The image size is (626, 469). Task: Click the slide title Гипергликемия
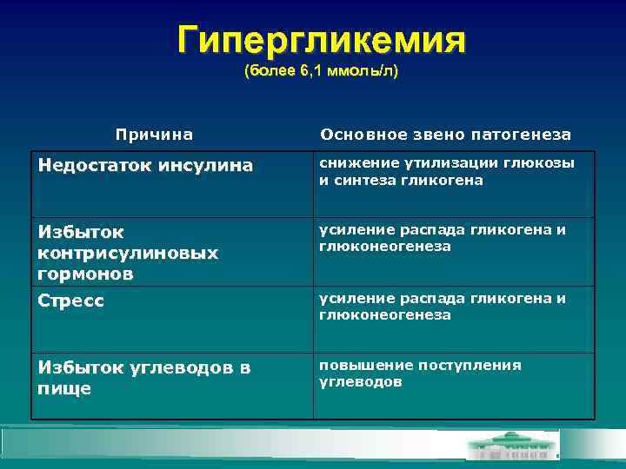point(321,39)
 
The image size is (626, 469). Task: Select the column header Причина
point(155,135)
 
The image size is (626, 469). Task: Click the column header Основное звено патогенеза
point(445,135)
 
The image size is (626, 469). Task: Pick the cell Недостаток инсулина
point(146,165)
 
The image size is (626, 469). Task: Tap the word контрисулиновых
point(128,253)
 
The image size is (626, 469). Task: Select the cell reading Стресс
point(71,301)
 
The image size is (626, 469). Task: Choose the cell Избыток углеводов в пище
point(143,378)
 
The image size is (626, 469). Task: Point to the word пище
point(64,388)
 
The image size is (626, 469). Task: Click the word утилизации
point(451,163)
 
